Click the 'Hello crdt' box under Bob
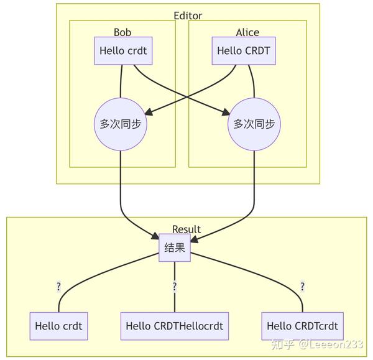click(x=123, y=51)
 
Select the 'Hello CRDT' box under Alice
click(x=244, y=51)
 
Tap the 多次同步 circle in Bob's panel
click(x=120, y=124)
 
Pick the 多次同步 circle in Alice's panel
click(x=254, y=124)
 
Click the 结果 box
click(x=174, y=247)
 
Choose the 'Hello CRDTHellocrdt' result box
click(x=174, y=326)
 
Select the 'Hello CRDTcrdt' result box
click(x=303, y=326)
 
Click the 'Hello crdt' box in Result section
click(x=58, y=326)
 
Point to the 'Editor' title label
click(x=188, y=16)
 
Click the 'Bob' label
click(x=122, y=32)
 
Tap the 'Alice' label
click(x=247, y=32)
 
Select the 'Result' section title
click(x=186, y=229)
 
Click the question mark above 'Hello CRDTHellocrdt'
click(x=175, y=287)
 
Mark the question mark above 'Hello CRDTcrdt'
click(x=302, y=287)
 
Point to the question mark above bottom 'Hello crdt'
click(x=58, y=287)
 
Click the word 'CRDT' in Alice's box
click(x=257, y=51)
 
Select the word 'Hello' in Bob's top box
click(x=112, y=51)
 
